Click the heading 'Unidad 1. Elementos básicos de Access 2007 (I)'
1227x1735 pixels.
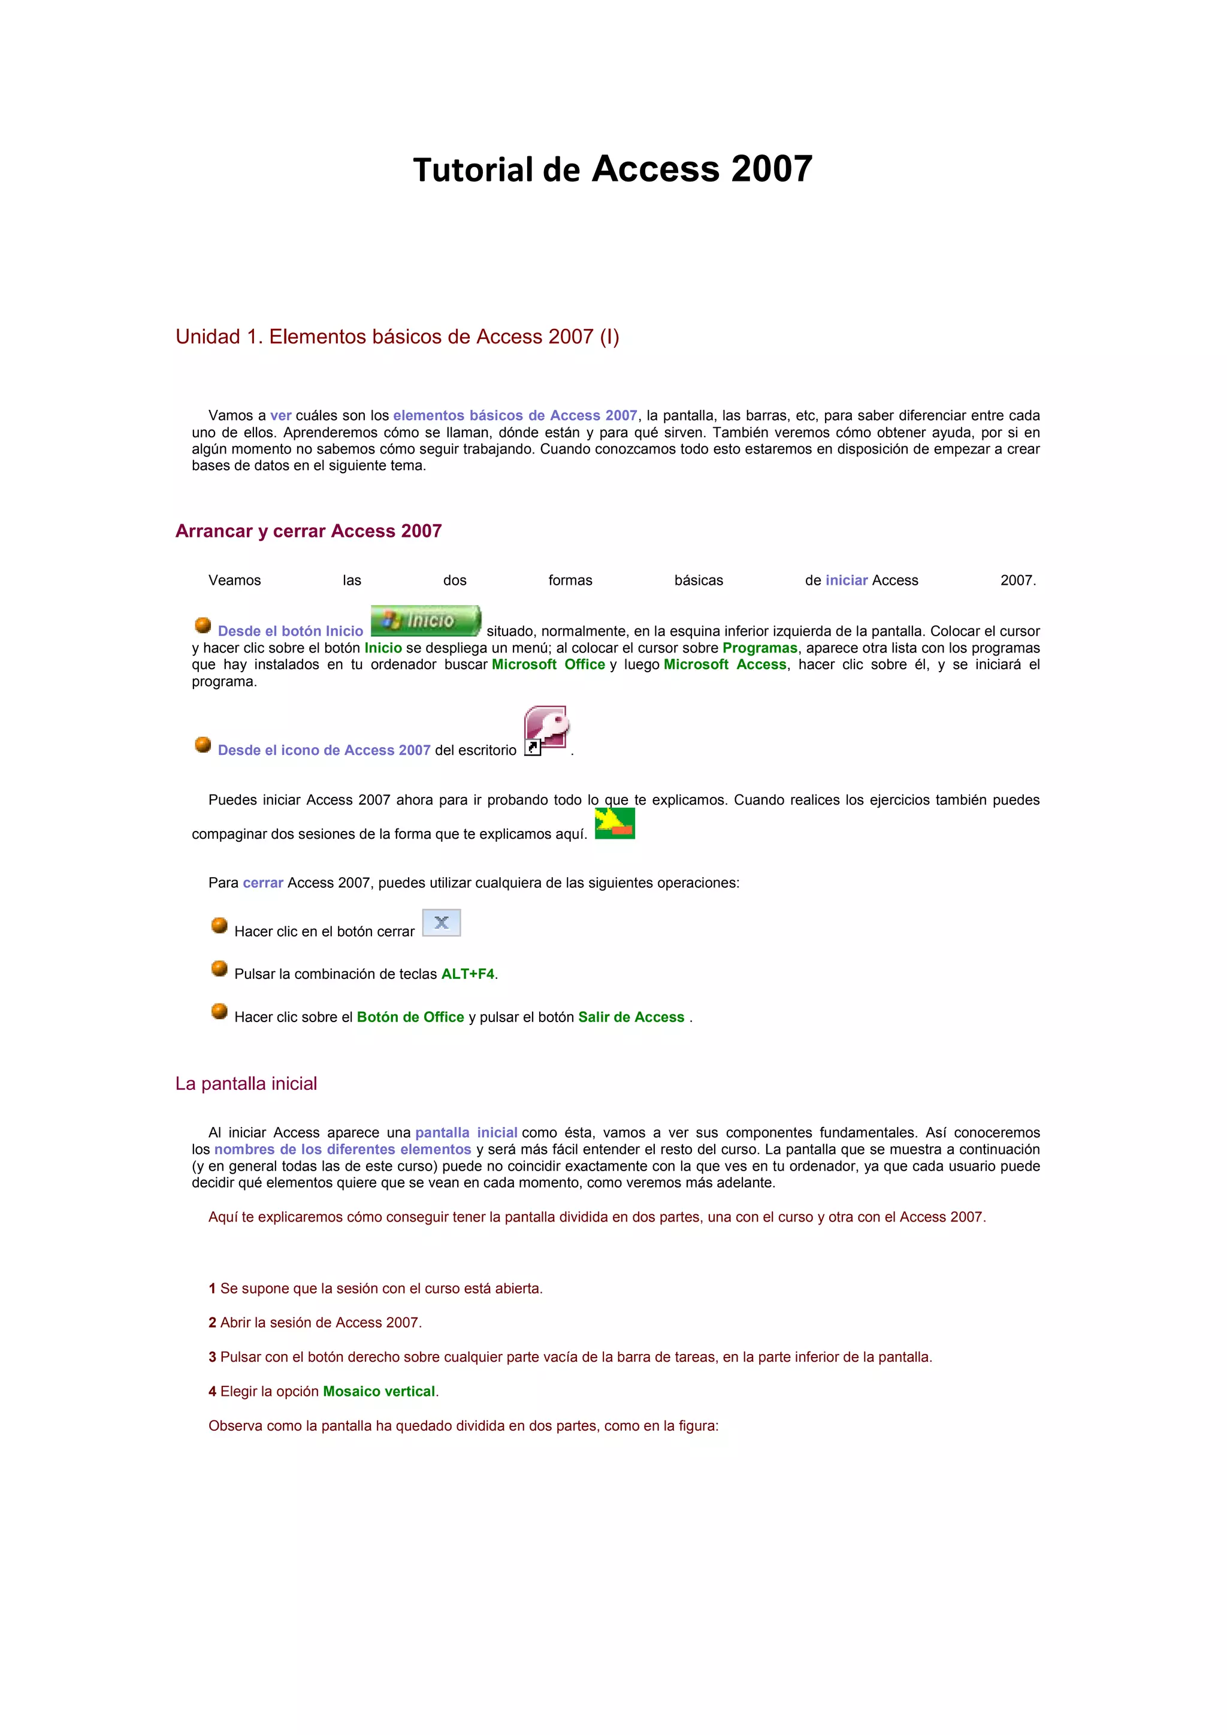[397, 337]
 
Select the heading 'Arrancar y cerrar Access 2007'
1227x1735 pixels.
[309, 531]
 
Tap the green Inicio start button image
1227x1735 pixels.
[425, 621]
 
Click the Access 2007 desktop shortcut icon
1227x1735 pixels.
[546, 730]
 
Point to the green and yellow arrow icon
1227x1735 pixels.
[614, 824]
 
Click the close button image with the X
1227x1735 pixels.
[441, 923]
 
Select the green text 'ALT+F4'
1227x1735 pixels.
[468, 974]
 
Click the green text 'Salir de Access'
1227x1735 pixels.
[631, 1017]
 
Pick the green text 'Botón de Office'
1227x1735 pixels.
[410, 1017]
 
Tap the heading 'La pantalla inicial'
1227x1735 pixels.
[246, 1084]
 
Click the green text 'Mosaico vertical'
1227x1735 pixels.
[379, 1391]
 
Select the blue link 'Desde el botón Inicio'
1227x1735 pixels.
[290, 631]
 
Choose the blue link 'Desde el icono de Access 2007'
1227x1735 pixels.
[324, 749]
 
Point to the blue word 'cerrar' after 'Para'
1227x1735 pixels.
[263, 882]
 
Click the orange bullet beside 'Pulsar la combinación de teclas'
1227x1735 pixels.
[219, 968]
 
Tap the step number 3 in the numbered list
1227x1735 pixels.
[212, 1357]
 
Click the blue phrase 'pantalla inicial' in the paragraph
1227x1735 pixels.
[466, 1133]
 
